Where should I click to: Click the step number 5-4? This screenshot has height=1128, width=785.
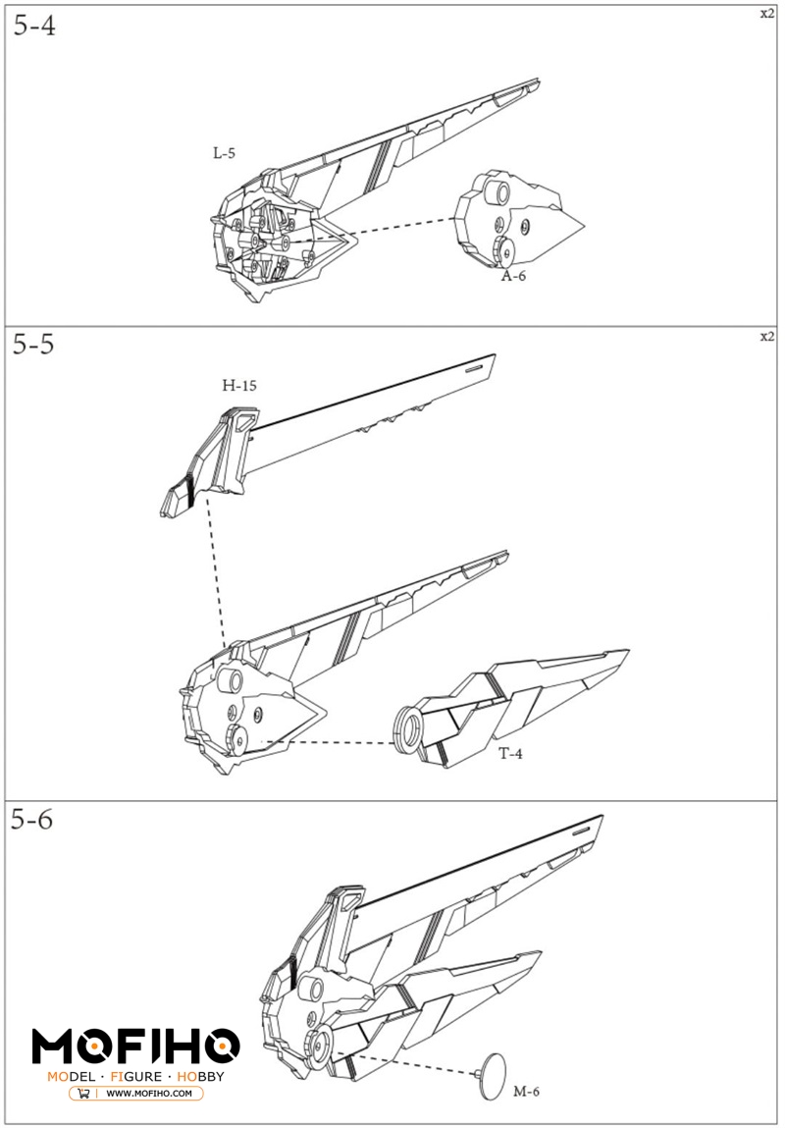coord(34,26)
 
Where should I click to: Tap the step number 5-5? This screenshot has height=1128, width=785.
coord(34,345)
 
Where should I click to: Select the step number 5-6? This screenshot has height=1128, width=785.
coord(32,820)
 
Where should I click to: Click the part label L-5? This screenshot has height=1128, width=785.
coord(225,153)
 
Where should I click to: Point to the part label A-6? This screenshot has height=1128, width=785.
coord(514,277)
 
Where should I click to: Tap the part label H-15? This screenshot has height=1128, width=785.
coord(238,386)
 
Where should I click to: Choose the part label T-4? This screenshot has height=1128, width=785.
coord(510,754)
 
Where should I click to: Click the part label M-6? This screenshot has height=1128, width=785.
coord(526,1092)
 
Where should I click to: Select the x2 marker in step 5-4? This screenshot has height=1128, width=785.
coord(767,14)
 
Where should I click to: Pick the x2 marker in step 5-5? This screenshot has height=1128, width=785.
coord(767,336)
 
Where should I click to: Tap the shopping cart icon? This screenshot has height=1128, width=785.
coord(83,1094)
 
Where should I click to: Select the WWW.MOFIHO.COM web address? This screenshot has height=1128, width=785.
coord(148,1094)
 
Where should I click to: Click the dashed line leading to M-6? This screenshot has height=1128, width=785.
coord(412,1065)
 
